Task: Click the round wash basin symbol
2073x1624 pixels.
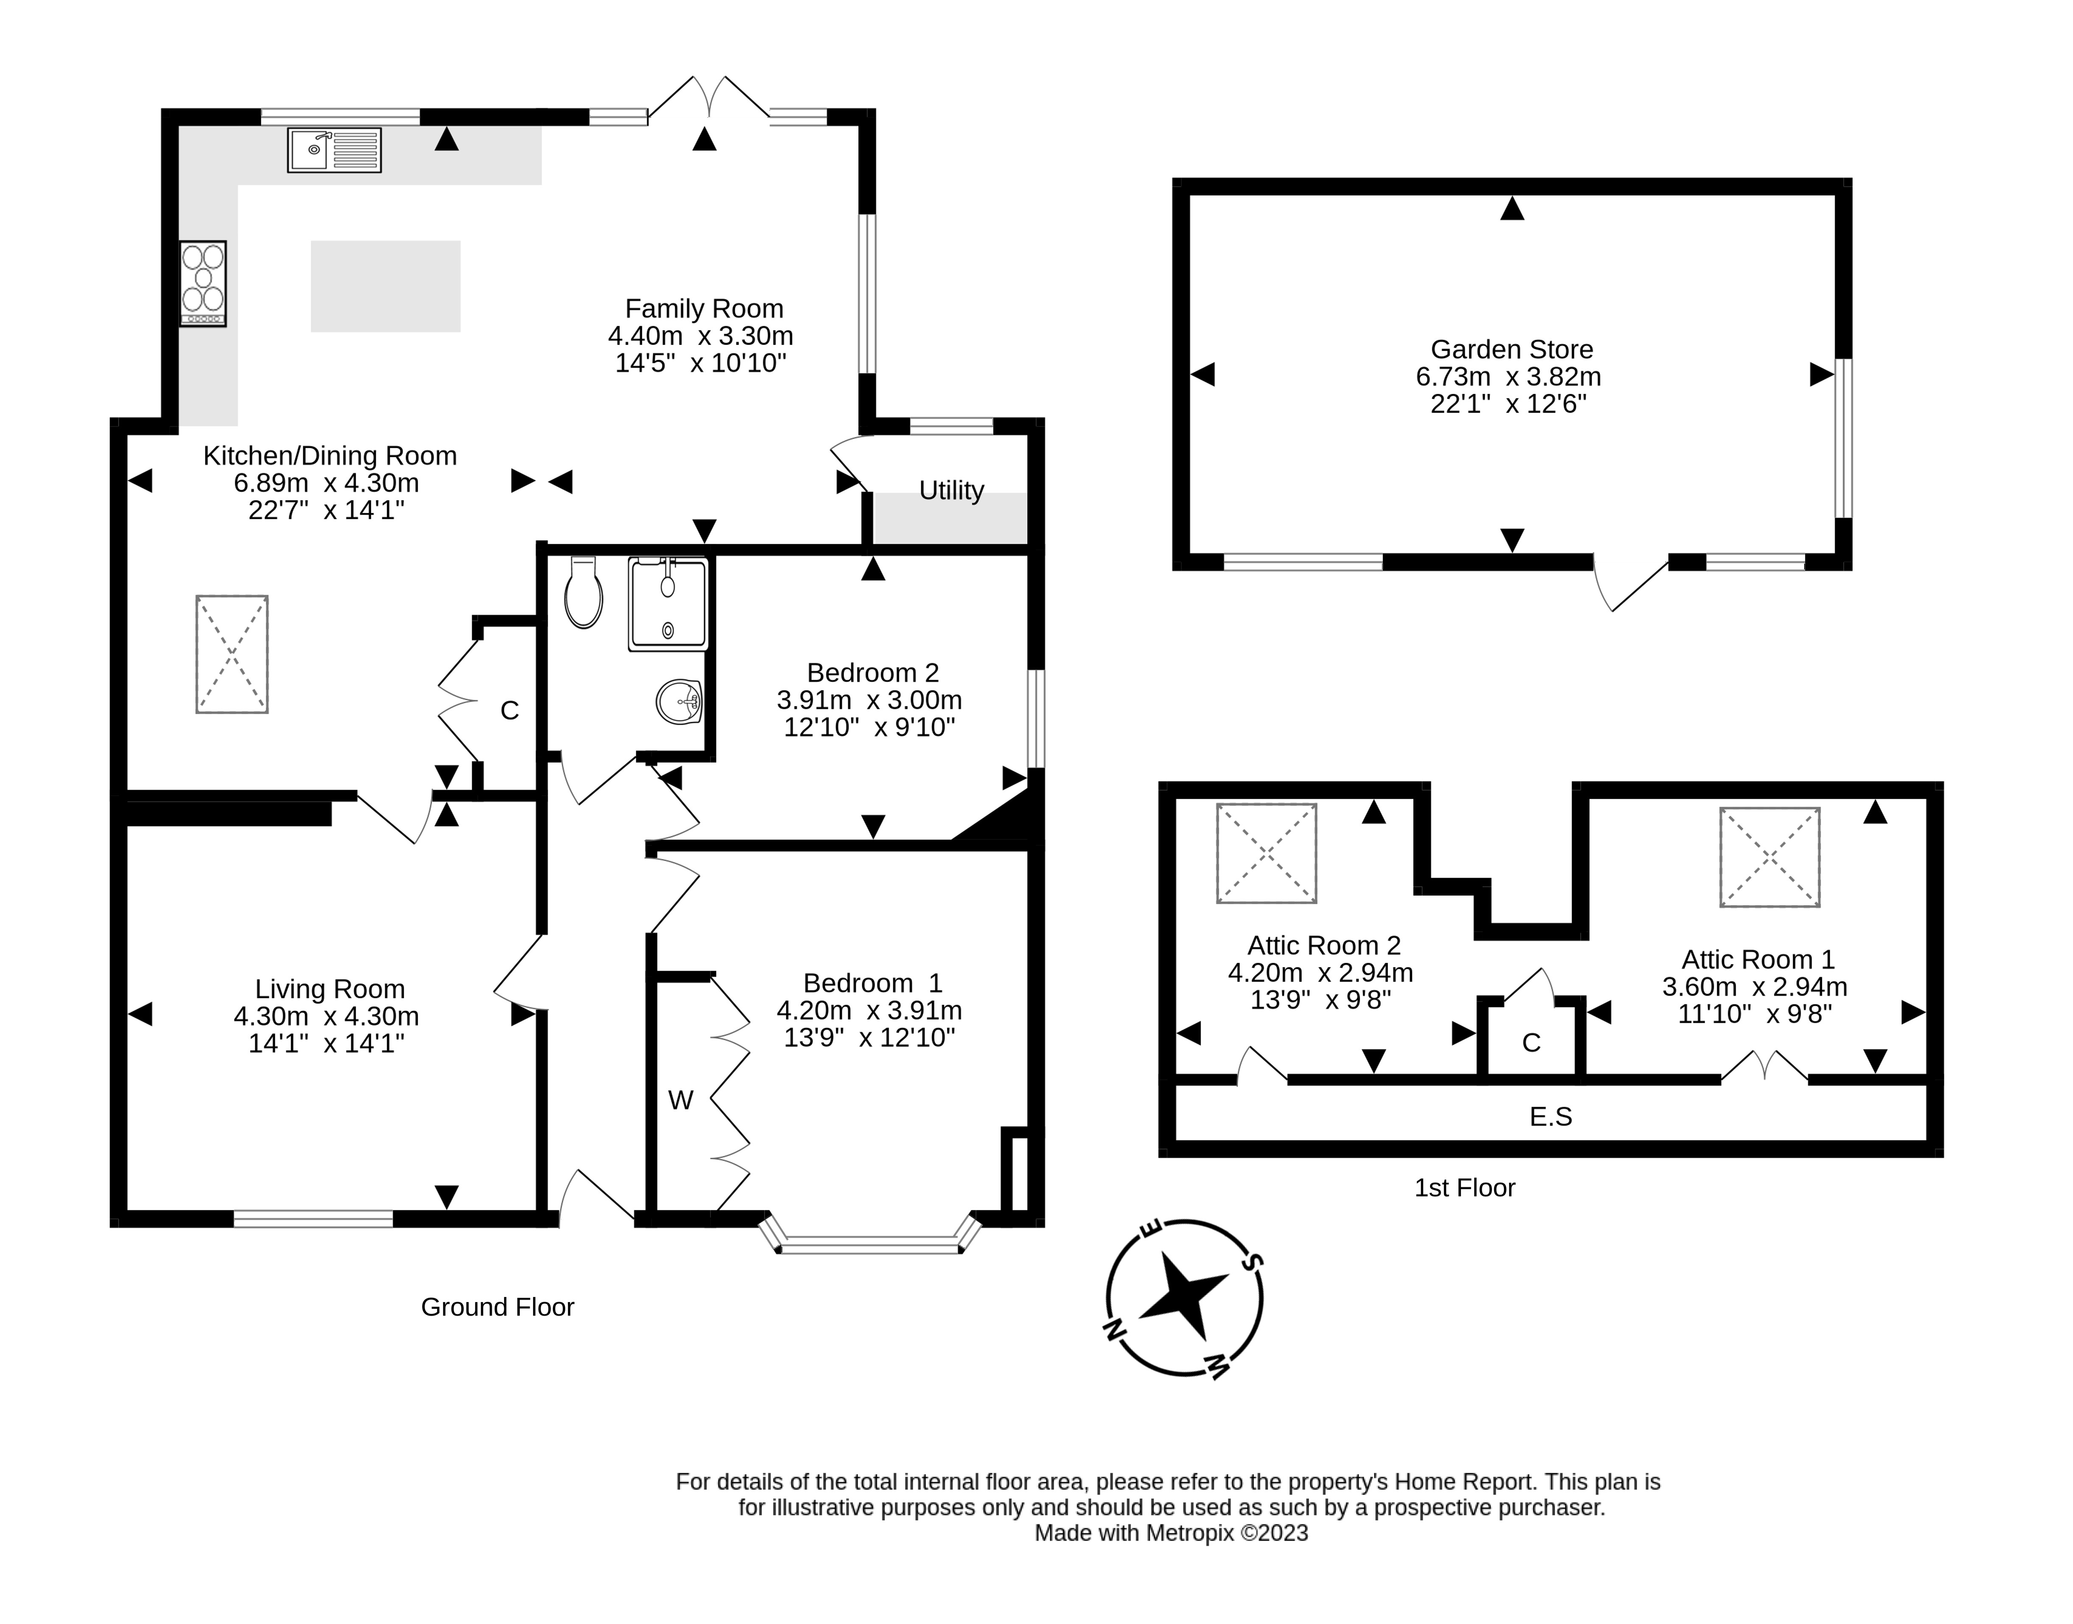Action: tap(679, 702)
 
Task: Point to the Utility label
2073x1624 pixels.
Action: tap(951, 491)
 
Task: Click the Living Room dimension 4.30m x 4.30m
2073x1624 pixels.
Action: tap(326, 1016)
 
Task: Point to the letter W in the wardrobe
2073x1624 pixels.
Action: tap(681, 1100)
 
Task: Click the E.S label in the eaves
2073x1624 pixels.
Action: tap(1551, 1116)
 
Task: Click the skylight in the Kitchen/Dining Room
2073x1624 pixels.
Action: tap(232, 654)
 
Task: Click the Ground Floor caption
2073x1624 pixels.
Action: tap(497, 1307)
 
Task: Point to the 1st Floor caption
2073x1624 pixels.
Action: tap(1464, 1188)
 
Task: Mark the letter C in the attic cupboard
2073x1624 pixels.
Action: tap(1531, 1043)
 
